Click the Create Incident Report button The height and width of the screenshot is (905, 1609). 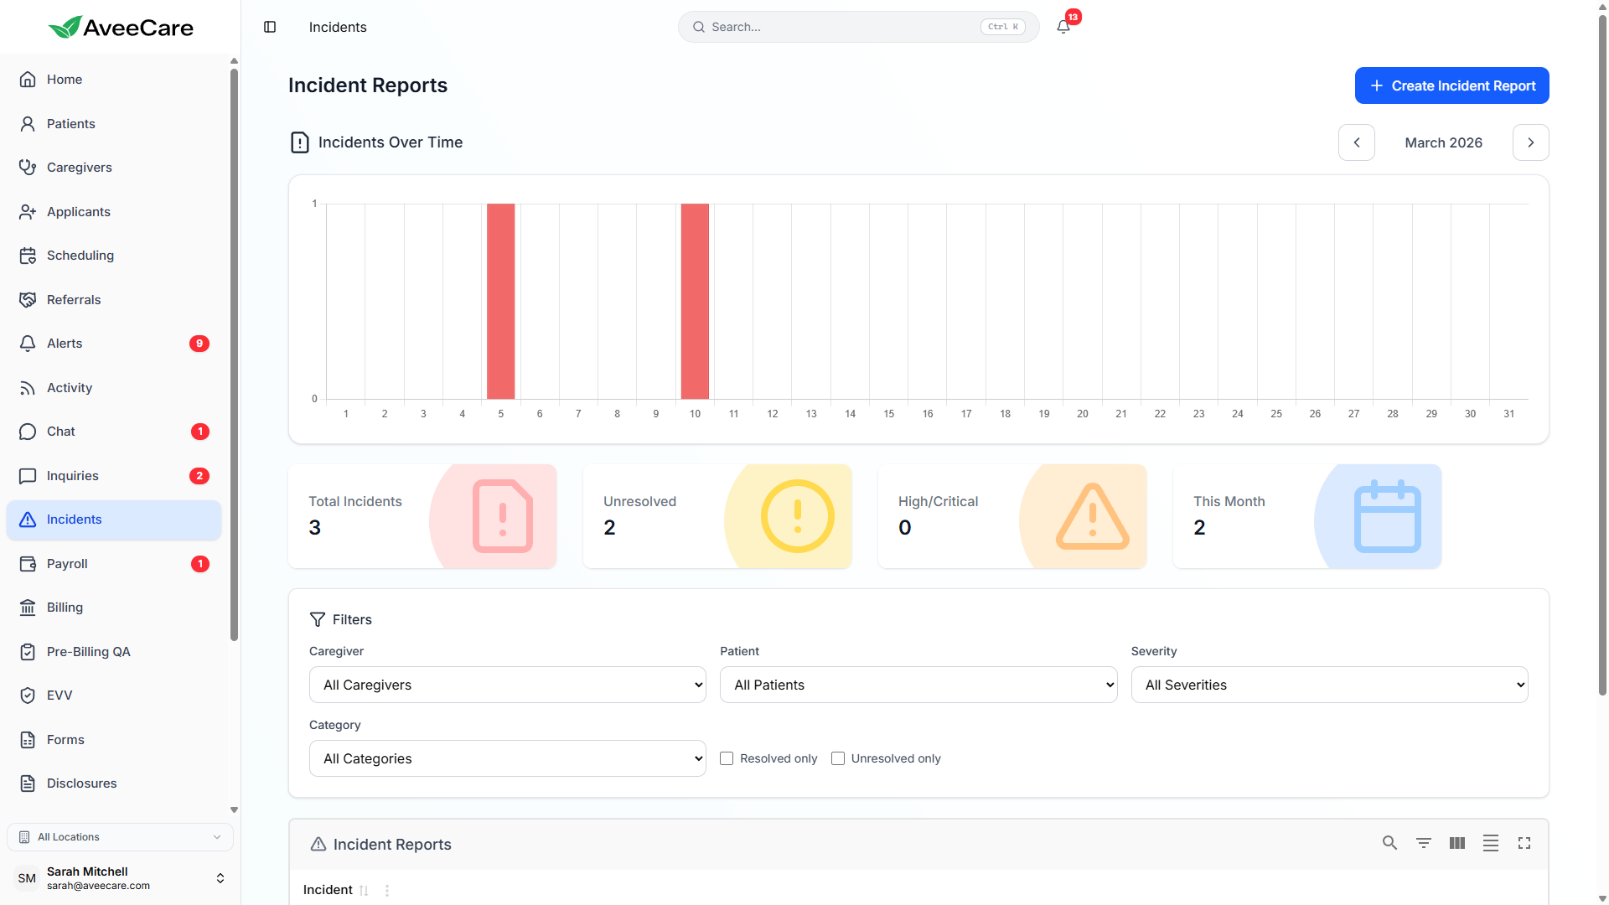tap(1451, 85)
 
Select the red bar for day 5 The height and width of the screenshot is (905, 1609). tap(501, 302)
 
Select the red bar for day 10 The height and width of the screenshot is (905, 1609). tap(695, 302)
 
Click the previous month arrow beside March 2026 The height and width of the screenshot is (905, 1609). tap(1356, 142)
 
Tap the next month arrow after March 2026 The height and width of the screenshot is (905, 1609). tap(1530, 142)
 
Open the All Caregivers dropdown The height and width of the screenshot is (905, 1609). tap(507, 685)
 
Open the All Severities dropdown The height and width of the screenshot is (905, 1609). tap(1329, 685)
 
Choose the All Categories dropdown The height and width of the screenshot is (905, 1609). tap(507, 758)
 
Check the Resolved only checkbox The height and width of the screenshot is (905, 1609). tap(727, 758)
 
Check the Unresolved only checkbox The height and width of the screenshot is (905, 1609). tap(838, 758)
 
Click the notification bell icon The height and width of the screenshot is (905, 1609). tap(1063, 27)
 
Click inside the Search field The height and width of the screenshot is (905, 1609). tap(838, 27)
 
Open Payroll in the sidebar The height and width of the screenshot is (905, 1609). tap(67, 564)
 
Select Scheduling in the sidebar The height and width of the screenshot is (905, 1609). tap(80, 256)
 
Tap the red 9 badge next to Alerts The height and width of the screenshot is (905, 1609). tap(199, 344)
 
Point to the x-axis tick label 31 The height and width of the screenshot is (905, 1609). tap(1508, 414)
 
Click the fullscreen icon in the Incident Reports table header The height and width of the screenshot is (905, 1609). tap(1524, 843)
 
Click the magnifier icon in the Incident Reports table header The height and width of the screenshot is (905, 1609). tap(1389, 843)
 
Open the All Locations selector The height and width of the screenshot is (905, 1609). tap(120, 837)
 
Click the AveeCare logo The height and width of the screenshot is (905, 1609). tap(121, 28)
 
